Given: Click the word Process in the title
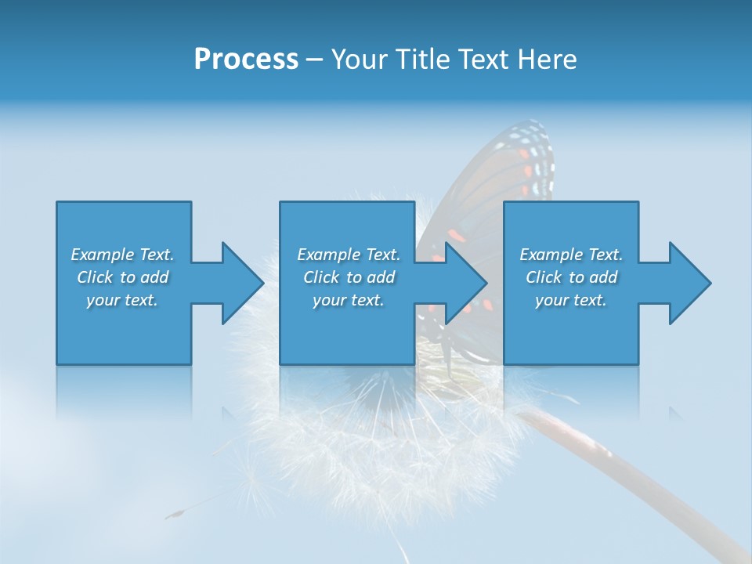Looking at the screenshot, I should tap(246, 60).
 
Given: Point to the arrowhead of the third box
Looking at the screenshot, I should tap(689, 283).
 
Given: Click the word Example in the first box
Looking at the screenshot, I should tap(102, 255).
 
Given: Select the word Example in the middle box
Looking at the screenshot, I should tap(327, 255).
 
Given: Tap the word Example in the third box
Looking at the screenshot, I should tap(550, 255).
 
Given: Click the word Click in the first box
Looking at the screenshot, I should tap(95, 277).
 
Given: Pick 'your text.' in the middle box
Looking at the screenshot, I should tap(348, 300).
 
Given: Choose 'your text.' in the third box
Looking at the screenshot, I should tap(570, 300).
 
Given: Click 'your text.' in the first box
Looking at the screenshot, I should tap(122, 300).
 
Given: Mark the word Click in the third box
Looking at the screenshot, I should tap(544, 277).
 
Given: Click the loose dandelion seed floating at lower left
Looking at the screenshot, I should tap(176, 513).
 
